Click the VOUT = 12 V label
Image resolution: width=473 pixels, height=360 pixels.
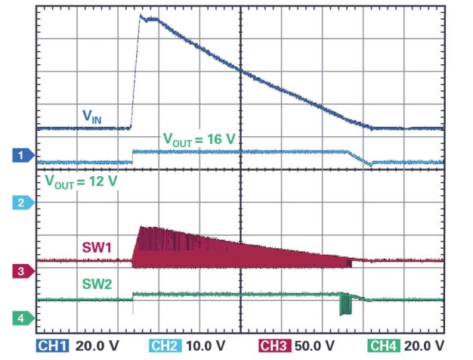point(76,182)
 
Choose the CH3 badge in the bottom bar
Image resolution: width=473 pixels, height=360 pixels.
point(275,346)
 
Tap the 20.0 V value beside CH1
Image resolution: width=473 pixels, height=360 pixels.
point(96,346)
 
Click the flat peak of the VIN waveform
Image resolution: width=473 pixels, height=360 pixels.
point(150,19)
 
